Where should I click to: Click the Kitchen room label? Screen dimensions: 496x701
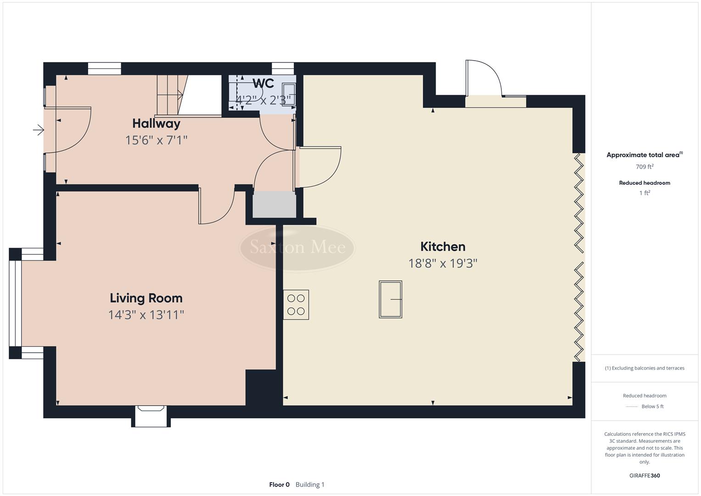tap(443, 247)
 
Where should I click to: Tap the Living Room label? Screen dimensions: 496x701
tap(146, 298)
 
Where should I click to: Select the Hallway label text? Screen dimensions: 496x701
tap(156, 123)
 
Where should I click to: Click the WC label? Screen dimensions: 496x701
tap(263, 84)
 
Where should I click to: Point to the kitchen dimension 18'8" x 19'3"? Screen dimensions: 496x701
tap(443, 263)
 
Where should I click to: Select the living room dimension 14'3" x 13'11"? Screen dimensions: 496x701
tap(146, 315)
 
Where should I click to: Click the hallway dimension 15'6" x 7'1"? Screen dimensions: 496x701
tap(156, 140)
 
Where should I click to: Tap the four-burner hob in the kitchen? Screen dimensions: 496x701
tap(296, 304)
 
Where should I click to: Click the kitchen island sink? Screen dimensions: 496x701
tap(390, 299)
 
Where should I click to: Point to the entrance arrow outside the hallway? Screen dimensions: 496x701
tap(39, 131)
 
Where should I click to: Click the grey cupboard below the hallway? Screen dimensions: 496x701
tap(275, 205)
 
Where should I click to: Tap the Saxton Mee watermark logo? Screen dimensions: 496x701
tap(297, 248)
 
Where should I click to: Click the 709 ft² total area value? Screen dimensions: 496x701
tap(644, 167)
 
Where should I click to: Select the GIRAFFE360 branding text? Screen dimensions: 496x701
tap(644, 475)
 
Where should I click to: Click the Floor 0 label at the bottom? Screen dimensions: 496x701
tap(279, 485)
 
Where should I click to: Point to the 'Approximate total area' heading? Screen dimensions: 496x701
tap(643, 155)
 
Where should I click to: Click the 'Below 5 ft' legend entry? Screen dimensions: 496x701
tap(652, 406)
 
